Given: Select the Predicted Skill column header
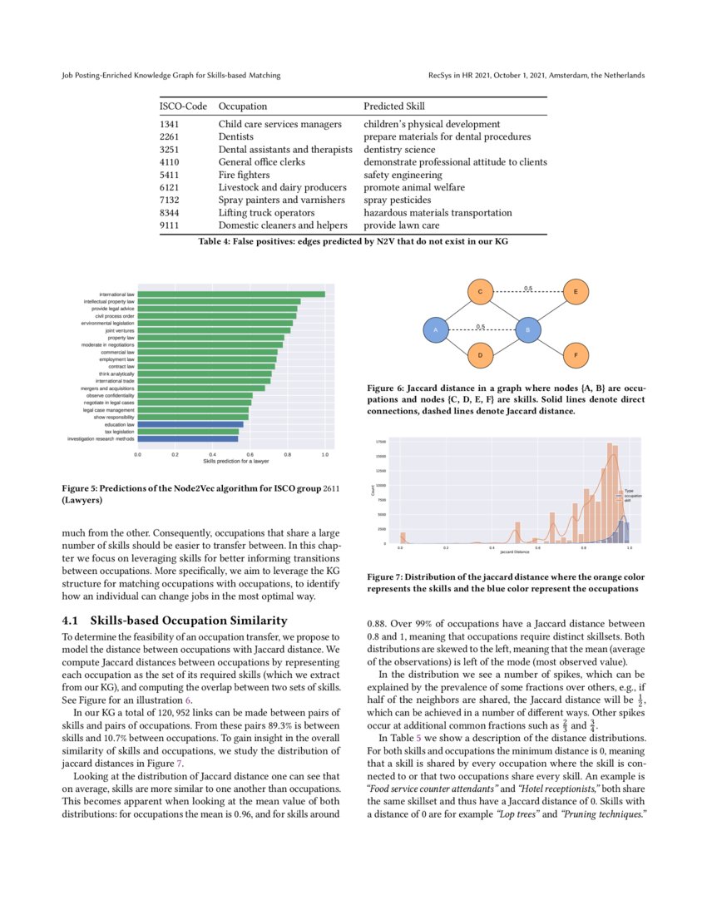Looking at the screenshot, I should point(393,106).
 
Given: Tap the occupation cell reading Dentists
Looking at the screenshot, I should point(235,136).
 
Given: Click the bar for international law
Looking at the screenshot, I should point(231,294).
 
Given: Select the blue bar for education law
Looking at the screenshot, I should point(190,424).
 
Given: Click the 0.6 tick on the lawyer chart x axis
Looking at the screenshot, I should point(250,455).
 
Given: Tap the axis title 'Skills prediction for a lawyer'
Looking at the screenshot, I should point(231,462).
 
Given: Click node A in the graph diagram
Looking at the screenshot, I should point(435,330).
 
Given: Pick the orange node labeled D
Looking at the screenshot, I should point(480,356).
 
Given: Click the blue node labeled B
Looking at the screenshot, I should point(527,330).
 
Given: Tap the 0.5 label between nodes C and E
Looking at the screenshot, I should point(528,288).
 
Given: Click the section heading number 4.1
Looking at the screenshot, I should point(73,621).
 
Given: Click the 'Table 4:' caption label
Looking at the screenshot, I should point(216,242).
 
